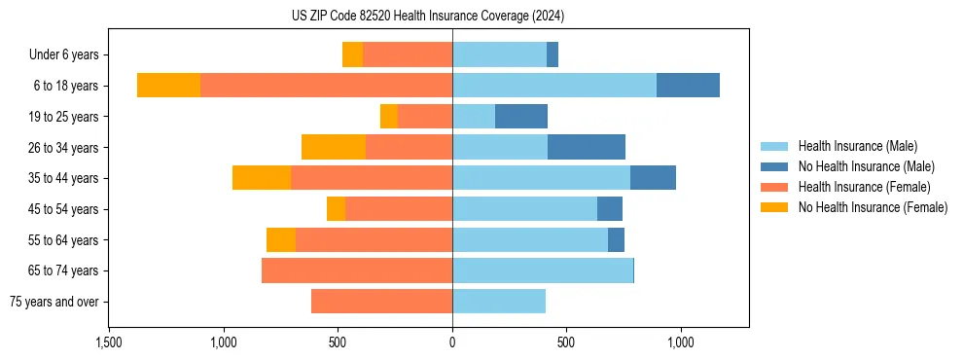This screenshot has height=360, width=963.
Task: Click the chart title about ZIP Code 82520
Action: (x=427, y=16)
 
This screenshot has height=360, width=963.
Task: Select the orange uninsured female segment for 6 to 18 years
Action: (x=168, y=86)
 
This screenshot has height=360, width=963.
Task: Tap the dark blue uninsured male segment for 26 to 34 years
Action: (x=587, y=147)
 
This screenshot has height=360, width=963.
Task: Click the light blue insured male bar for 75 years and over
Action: (x=499, y=302)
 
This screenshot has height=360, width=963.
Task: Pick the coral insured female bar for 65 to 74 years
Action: (x=357, y=270)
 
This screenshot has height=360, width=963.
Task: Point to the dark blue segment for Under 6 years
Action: (x=553, y=54)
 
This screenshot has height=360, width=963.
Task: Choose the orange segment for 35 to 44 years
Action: (x=262, y=178)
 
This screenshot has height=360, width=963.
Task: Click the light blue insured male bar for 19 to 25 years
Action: (x=474, y=117)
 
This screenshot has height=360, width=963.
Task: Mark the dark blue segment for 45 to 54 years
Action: (x=610, y=209)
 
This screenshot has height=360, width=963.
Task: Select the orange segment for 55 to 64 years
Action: (x=281, y=239)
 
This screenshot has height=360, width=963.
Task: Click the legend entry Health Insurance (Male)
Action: (x=857, y=146)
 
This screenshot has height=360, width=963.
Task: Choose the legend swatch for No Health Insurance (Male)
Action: (x=775, y=166)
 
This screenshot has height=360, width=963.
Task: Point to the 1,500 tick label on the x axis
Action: (x=109, y=342)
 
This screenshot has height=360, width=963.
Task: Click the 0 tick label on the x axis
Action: (x=452, y=342)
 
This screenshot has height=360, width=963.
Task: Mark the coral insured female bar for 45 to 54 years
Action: (x=399, y=209)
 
